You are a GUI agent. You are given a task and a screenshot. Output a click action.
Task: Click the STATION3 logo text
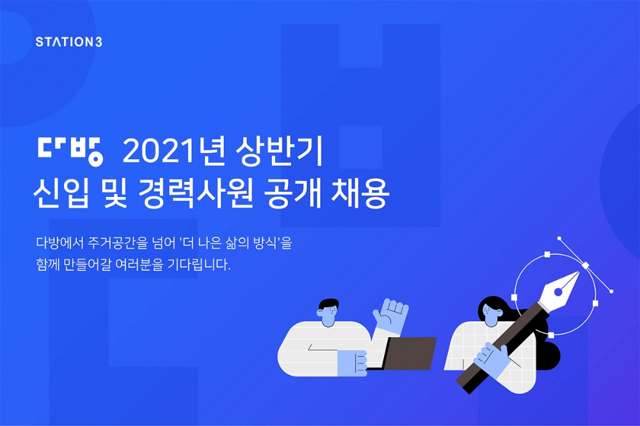pos(68,42)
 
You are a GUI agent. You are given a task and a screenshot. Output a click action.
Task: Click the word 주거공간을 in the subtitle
pos(118,244)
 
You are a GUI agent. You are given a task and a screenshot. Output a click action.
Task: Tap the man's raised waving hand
pos(390,315)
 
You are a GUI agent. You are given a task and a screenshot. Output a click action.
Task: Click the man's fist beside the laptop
pos(352,362)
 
